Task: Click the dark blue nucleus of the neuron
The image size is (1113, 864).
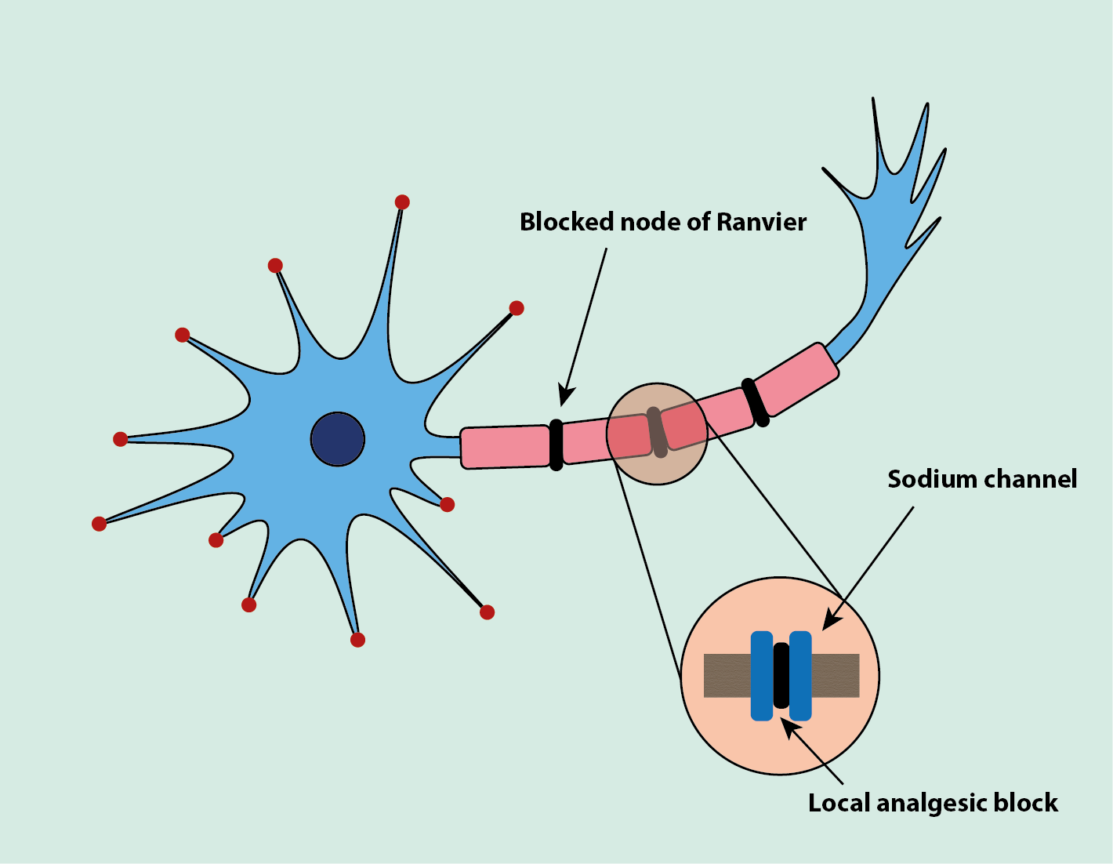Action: (x=338, y=439)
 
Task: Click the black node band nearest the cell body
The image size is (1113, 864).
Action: (x=556, y=445)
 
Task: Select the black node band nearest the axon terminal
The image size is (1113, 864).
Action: (x=756, y=402)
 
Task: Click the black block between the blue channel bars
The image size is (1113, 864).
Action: (x=781, y=675)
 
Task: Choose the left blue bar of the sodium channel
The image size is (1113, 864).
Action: (x=762, y=675)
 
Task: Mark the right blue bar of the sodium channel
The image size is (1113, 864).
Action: (x=800, y=675)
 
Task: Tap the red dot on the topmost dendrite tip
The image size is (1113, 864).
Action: (x=402, y=202)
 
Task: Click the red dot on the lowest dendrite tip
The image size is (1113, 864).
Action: (x=357, y=640)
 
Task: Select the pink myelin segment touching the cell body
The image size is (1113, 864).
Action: (x=505, y=447)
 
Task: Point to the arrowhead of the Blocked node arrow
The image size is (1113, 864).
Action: (x=565, y=397)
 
